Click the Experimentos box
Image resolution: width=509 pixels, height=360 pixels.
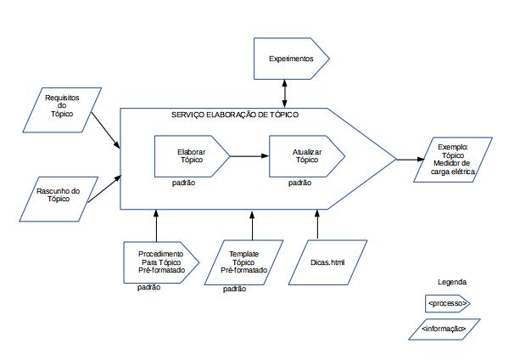tap(291, 59)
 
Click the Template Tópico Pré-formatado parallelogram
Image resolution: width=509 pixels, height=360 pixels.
tap(243, 261)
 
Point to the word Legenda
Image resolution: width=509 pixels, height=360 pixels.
tap(451, 282)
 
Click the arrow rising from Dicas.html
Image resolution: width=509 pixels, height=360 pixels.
tap(318, 224)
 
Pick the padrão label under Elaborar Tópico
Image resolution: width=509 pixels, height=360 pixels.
tap(183, 183)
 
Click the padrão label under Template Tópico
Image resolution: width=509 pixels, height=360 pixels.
tap(235, 289)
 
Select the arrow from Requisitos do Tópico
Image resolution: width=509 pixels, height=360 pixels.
tap(104, 130)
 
